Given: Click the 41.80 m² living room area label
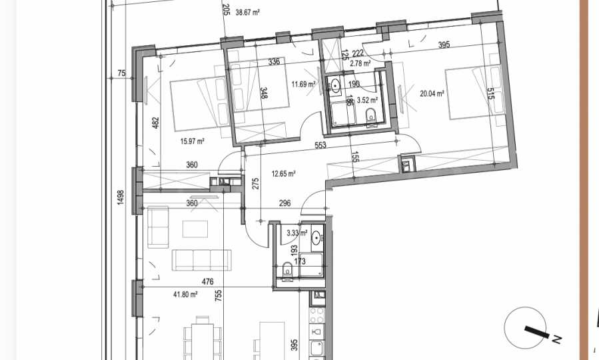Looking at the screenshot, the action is pos(185,294).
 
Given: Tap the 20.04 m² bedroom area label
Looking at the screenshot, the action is pos(432,93).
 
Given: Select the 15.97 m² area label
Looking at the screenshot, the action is pos(192,141).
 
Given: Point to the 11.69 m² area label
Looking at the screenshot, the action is pos(304,84).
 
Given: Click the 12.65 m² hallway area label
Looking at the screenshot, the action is pos(283,174).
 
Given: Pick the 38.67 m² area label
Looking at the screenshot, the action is pos(248,12).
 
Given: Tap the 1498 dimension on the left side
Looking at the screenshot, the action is pos(121,197).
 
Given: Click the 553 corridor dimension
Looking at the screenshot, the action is pos(320,145).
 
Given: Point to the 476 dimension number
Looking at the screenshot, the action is pos(207,282).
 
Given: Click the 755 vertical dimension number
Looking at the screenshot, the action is pos(218,295).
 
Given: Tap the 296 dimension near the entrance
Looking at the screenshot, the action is pos(285,203).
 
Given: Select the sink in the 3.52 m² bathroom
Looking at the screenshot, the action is pos(335,85).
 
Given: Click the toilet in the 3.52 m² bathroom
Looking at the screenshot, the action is pos(371,116).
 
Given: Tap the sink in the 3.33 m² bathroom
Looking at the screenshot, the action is pos(316,239).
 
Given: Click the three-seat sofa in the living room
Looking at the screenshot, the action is pos(201,260).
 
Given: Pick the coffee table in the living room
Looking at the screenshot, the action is pos(195,229).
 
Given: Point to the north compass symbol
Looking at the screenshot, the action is pos(526,328).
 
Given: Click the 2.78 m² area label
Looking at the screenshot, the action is pos(360,63).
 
